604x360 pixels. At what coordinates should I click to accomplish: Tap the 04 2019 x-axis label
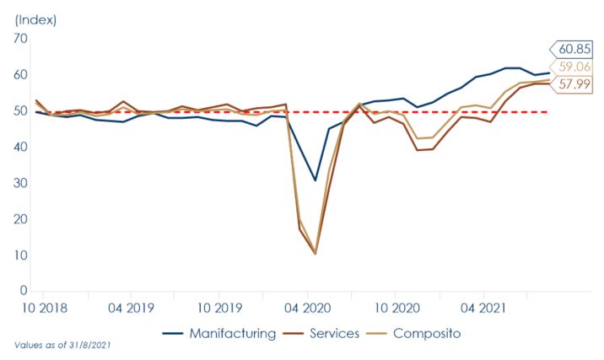coord(131,308)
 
